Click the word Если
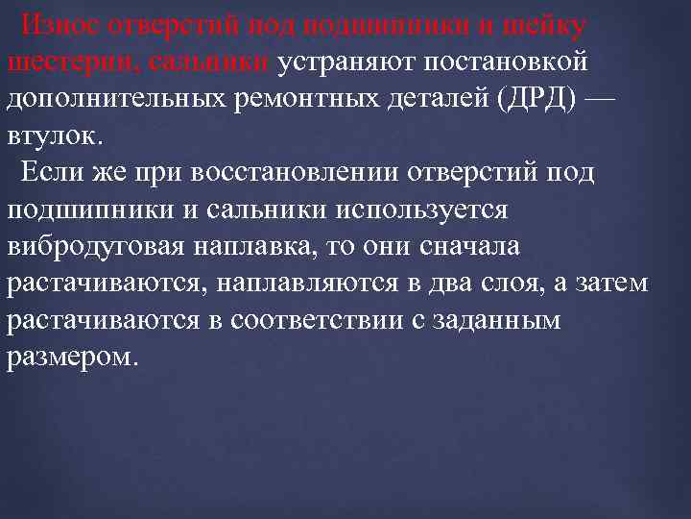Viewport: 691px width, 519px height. click(x=53, y=173)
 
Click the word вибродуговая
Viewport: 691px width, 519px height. click(x=106, y=247)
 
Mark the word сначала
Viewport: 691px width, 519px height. click(x=469, y=247)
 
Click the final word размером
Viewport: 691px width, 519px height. click(x=74, y=358)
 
